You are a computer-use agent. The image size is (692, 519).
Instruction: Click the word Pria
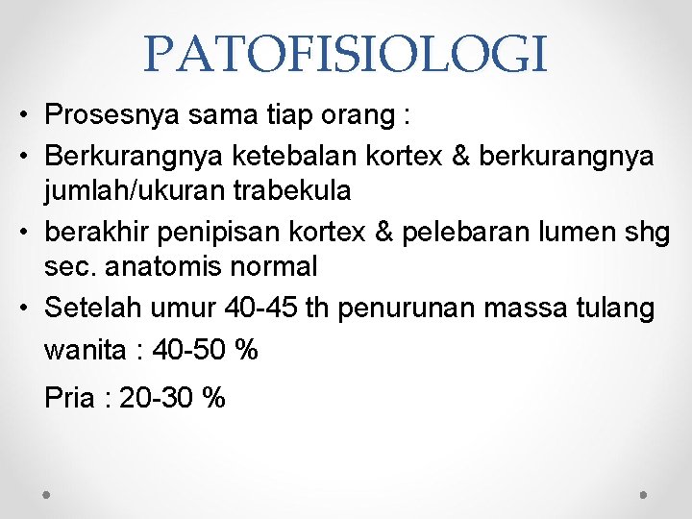(69, 398)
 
